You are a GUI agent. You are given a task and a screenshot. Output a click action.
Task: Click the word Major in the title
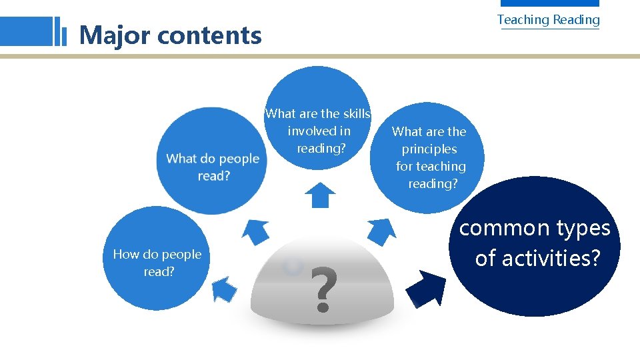[x=115, y=35]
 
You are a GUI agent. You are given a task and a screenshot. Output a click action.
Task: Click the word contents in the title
[x=209, y=35]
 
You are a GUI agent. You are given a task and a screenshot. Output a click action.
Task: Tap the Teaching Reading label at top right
[x=548, y=19]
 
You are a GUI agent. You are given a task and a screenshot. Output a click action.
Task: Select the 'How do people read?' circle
[x=156, y=260]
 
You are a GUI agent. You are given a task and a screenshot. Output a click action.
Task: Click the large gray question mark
[x=323, y=290]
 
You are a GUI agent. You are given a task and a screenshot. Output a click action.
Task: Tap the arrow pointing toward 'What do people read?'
[x=255, y=231]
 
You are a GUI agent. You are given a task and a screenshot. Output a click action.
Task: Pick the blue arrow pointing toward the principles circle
[x=382, y=231]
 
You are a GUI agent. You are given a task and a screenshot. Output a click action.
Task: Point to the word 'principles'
[x=429, y=149]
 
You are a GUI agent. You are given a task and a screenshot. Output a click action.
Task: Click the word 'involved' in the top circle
[x=309, y=131]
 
